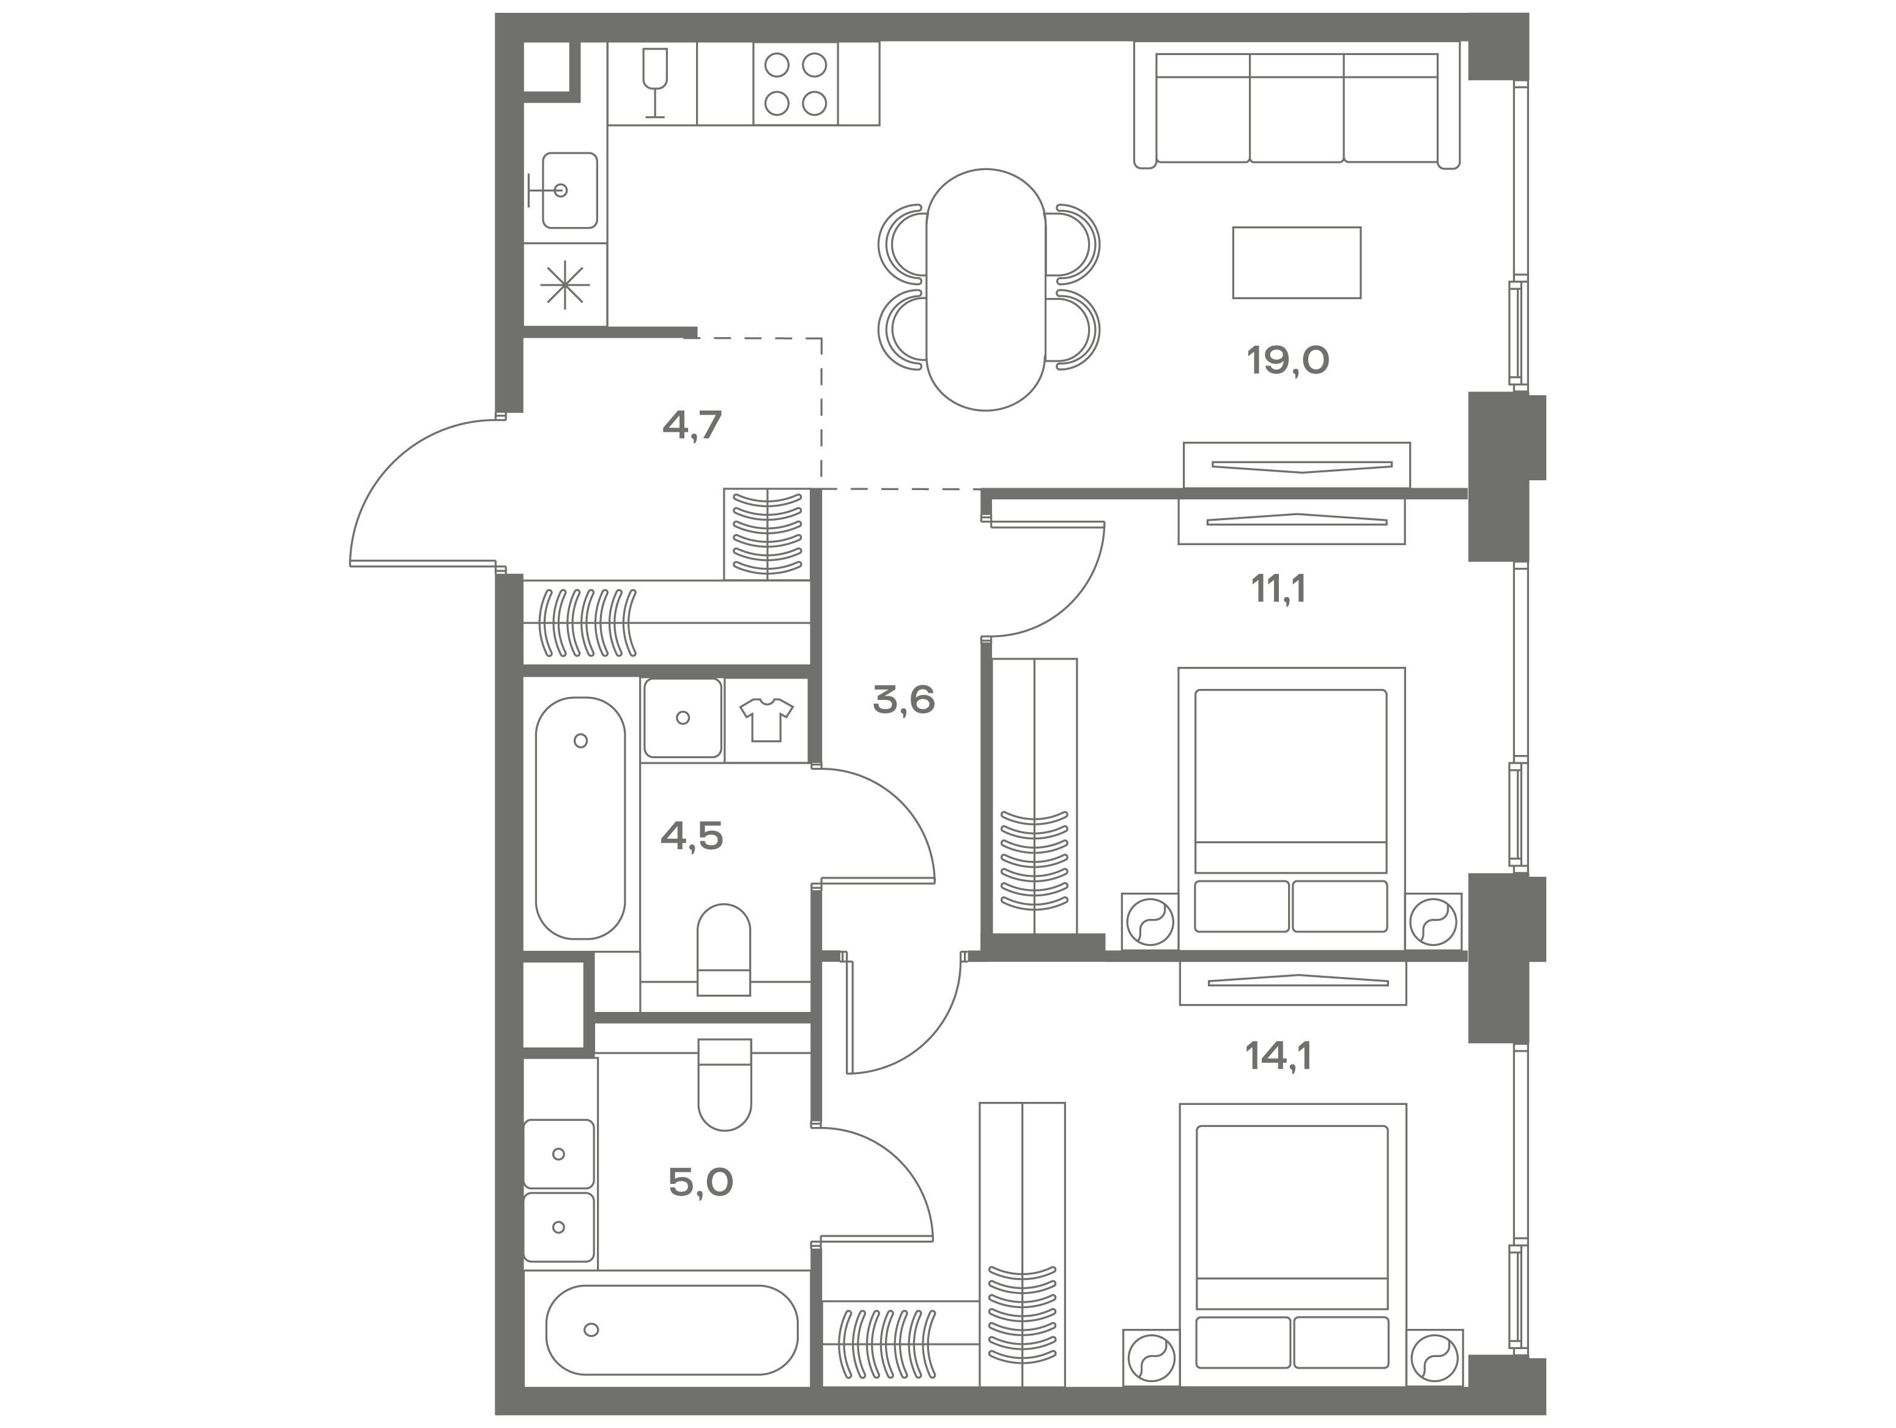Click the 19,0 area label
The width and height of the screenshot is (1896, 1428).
pos(1287,360)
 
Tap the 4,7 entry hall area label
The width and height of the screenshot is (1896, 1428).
pos(692,425)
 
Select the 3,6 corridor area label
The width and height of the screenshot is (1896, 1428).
pos(903,700)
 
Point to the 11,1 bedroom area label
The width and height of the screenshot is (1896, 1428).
pos(1278,589)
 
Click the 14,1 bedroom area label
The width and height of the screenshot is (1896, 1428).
pos(1278,1057)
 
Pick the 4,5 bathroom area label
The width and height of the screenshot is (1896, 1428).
pos(692,835)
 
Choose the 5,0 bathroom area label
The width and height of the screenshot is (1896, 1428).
pos(700,1183)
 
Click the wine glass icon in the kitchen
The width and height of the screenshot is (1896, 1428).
pos(655,83)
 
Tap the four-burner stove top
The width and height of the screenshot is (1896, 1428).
pos(796,84)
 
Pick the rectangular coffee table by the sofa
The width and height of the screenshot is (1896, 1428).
pos(1297,262)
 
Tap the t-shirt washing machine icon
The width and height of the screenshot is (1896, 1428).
pos(766,719)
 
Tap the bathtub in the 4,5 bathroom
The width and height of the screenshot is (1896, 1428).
pos(580,818)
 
